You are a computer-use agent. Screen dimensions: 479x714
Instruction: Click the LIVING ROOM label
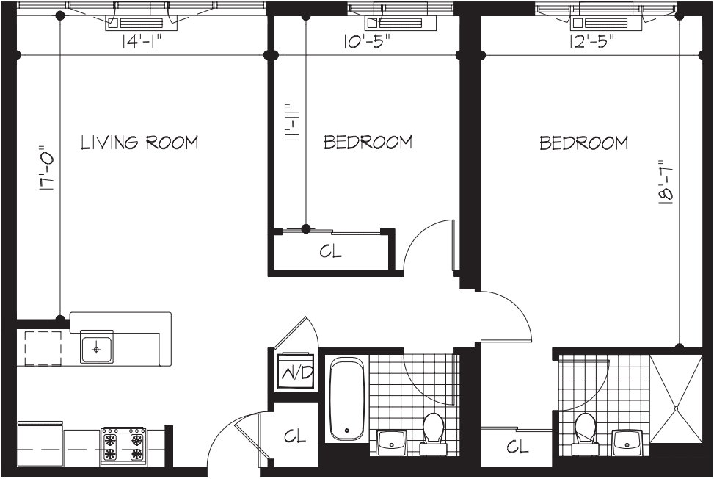139,143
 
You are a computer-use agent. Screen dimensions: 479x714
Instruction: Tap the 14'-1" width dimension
142,43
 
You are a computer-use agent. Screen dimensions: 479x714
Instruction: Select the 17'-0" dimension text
48,169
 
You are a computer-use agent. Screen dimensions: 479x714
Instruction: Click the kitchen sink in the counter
97,348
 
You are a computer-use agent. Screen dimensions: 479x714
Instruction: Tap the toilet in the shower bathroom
585,431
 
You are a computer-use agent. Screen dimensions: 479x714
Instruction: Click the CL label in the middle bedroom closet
331,251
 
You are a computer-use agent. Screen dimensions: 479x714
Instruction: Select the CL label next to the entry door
295,436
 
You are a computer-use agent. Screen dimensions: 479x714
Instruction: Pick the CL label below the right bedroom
517,447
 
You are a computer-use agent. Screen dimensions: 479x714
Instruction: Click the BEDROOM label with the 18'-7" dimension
583,143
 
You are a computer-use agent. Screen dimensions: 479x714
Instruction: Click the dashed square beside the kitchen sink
43,347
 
